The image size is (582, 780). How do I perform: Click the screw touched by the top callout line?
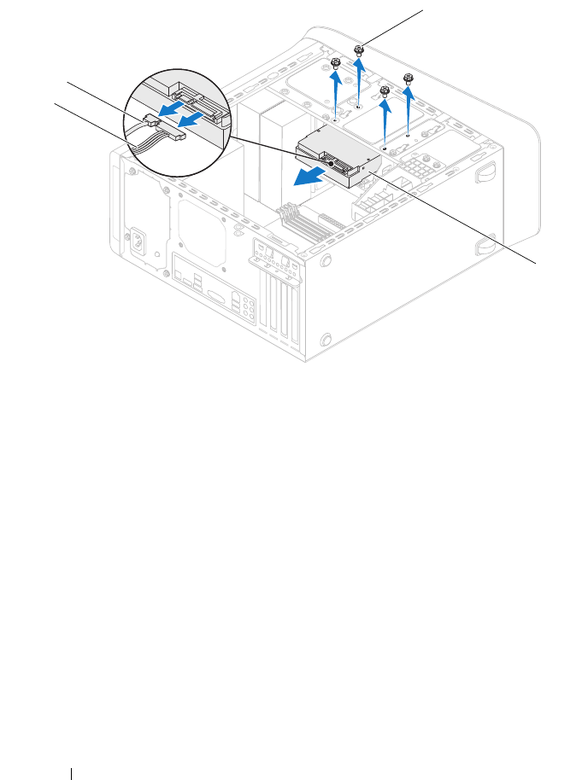coord(360,50)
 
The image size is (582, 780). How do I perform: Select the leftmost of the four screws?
coord(336,64)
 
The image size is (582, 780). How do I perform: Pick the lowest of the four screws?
coord(385,91)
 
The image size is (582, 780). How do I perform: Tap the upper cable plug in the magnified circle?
coord(155,119)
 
